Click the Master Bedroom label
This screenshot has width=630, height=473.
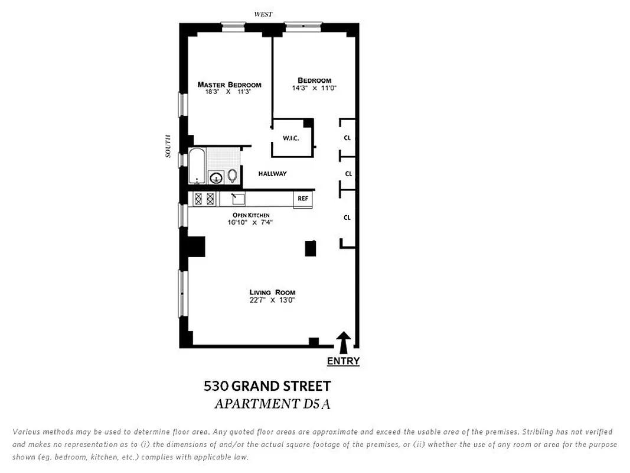[x=229, y=85]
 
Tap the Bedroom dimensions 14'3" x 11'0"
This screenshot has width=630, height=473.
[x=314, y=88]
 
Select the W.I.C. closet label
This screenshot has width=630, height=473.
[x=290, y=138]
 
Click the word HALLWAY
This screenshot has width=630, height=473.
[x=272, y=173]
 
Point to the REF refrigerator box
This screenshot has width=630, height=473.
[x=302, y=199]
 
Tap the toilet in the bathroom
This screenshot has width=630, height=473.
[x=232, y=175]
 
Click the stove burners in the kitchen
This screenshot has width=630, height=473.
[x=204, y=199]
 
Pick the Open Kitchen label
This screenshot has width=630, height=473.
[x=250, y=215]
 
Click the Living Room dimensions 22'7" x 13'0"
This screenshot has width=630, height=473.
[x=272, y=300]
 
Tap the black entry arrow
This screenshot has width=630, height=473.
[x=344, y=342]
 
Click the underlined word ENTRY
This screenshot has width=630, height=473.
[x=343, y=361]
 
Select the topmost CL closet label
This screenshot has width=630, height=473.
[x=347, y=138]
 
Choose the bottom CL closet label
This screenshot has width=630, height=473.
[x=347, y=218]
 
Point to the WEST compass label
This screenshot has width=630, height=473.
[x=263, y=14]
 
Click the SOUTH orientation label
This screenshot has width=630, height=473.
[x=168, y=146]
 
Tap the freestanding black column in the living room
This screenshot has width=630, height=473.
[x=310, y=248]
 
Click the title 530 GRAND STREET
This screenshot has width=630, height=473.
[x=267, y=386]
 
